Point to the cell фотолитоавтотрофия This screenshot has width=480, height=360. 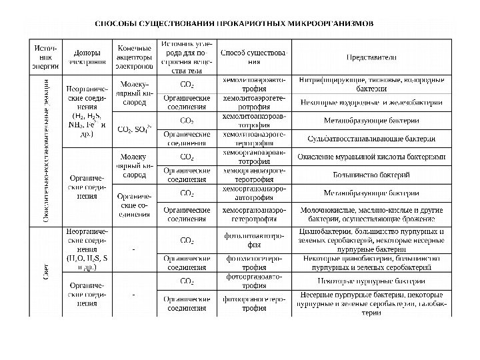point(254,240)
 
